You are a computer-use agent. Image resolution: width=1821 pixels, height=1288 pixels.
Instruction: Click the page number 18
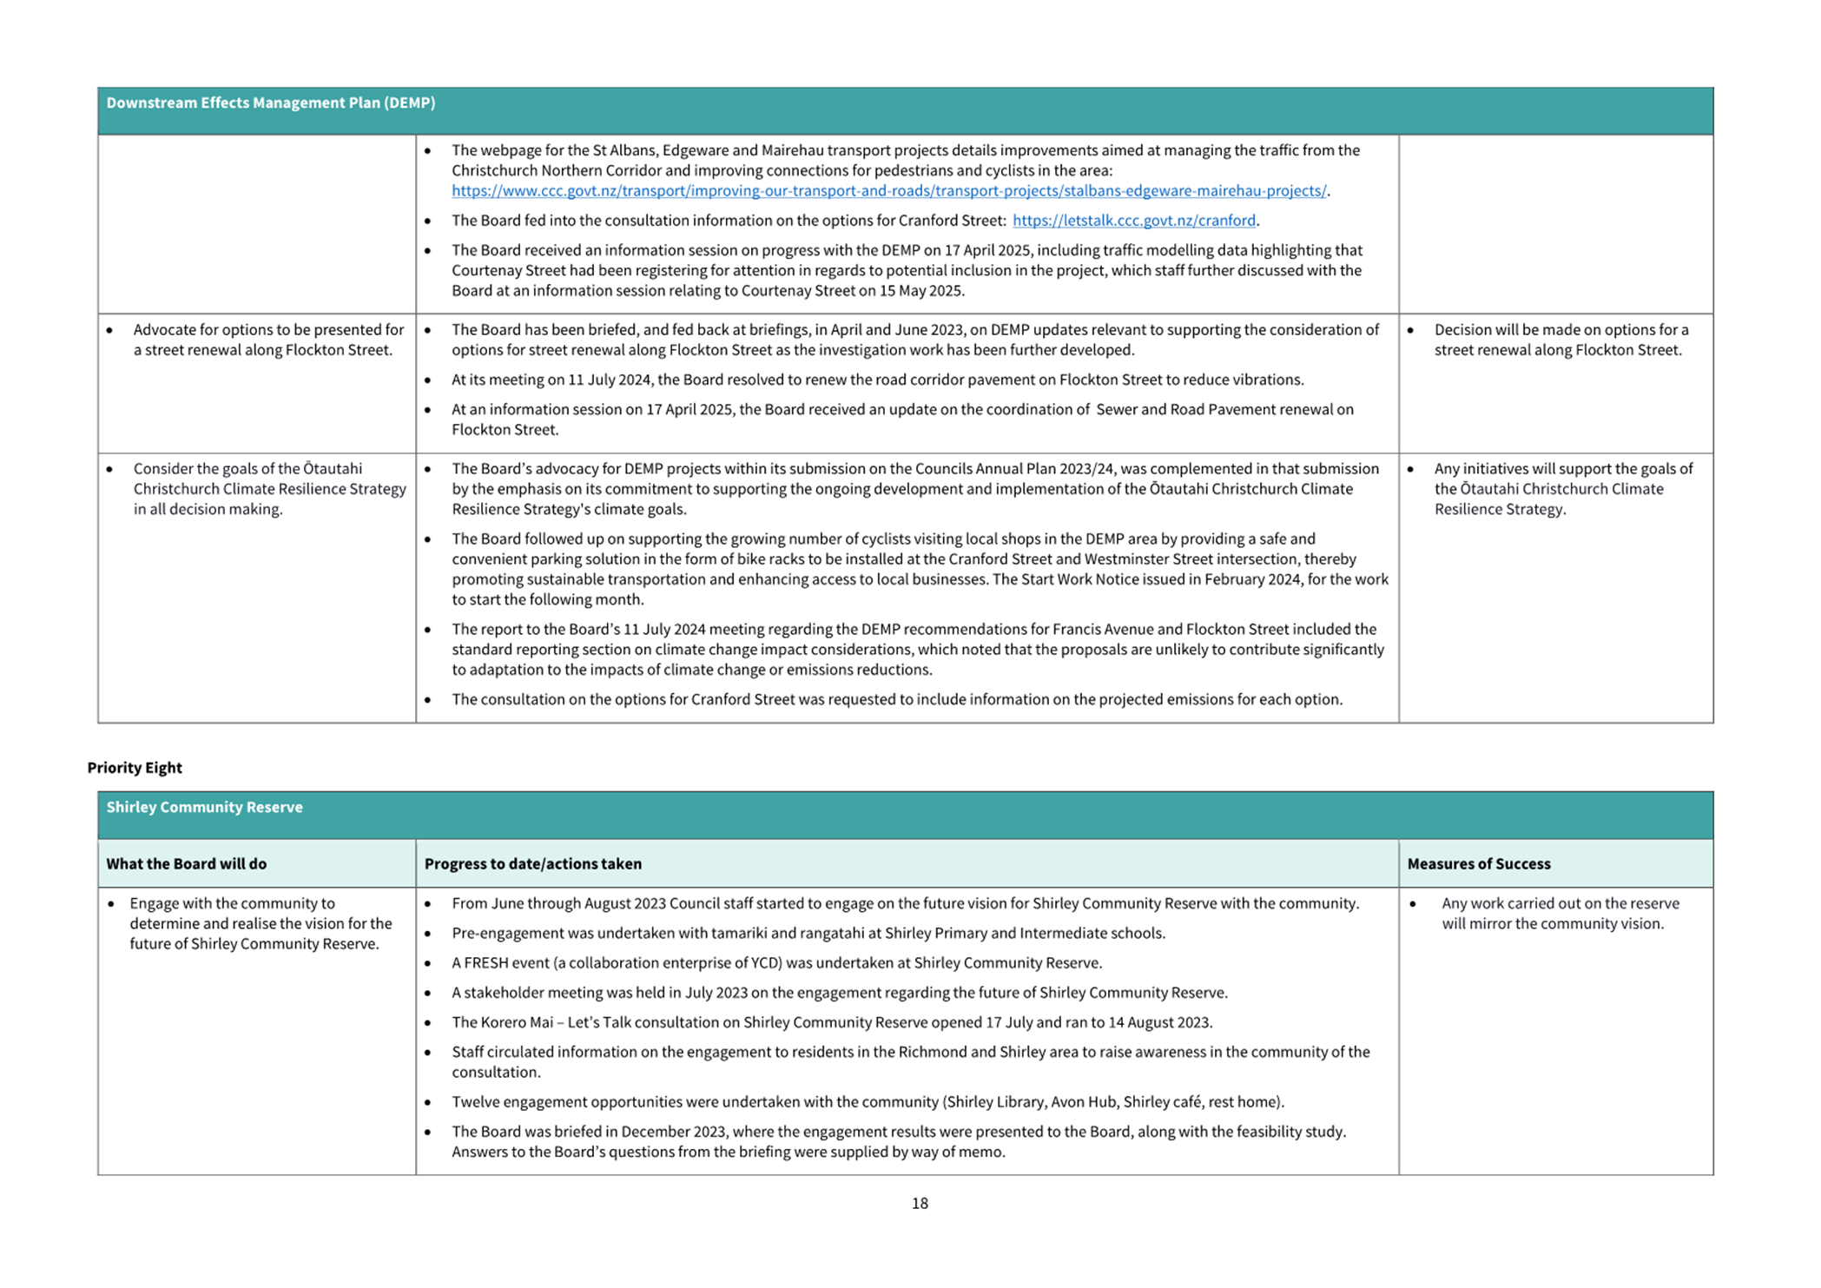tap(920, 1203)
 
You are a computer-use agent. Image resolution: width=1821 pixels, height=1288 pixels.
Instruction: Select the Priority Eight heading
tap(135, 767)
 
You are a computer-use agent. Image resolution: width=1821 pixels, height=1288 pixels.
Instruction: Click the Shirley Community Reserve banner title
tap(204, 807)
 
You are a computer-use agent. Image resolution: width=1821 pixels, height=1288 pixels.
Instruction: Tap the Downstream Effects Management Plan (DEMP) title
tap(270, 102)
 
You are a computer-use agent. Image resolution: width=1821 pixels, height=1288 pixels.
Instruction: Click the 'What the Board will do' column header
tap(186, 863)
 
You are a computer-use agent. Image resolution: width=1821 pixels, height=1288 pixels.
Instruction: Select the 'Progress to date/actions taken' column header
tap(532, 863)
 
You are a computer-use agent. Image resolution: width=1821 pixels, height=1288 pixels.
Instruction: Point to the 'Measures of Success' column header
tap(1478, 863)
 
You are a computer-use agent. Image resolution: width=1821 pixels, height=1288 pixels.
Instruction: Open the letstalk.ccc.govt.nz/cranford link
tap(1133, 221)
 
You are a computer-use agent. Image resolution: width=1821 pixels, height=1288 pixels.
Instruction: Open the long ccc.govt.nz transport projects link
tap(888, 191)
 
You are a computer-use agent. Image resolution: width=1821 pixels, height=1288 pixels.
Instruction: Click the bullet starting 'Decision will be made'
tap(1560, 340)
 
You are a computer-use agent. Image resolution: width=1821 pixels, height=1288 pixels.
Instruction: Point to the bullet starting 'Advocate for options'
tap(267, 340)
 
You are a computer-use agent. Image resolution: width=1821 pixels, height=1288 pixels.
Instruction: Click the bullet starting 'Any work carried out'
tap(1560, 914)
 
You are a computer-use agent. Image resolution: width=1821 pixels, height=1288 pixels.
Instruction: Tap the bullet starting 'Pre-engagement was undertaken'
tap(808, 934)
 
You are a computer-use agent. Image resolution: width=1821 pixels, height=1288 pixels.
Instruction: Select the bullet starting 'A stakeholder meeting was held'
tap(839, 993)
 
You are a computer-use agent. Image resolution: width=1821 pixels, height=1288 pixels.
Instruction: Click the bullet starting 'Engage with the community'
tap(260, 923)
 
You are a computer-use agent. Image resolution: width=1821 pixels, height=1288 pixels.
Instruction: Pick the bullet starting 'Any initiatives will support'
tap(1562, 489)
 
